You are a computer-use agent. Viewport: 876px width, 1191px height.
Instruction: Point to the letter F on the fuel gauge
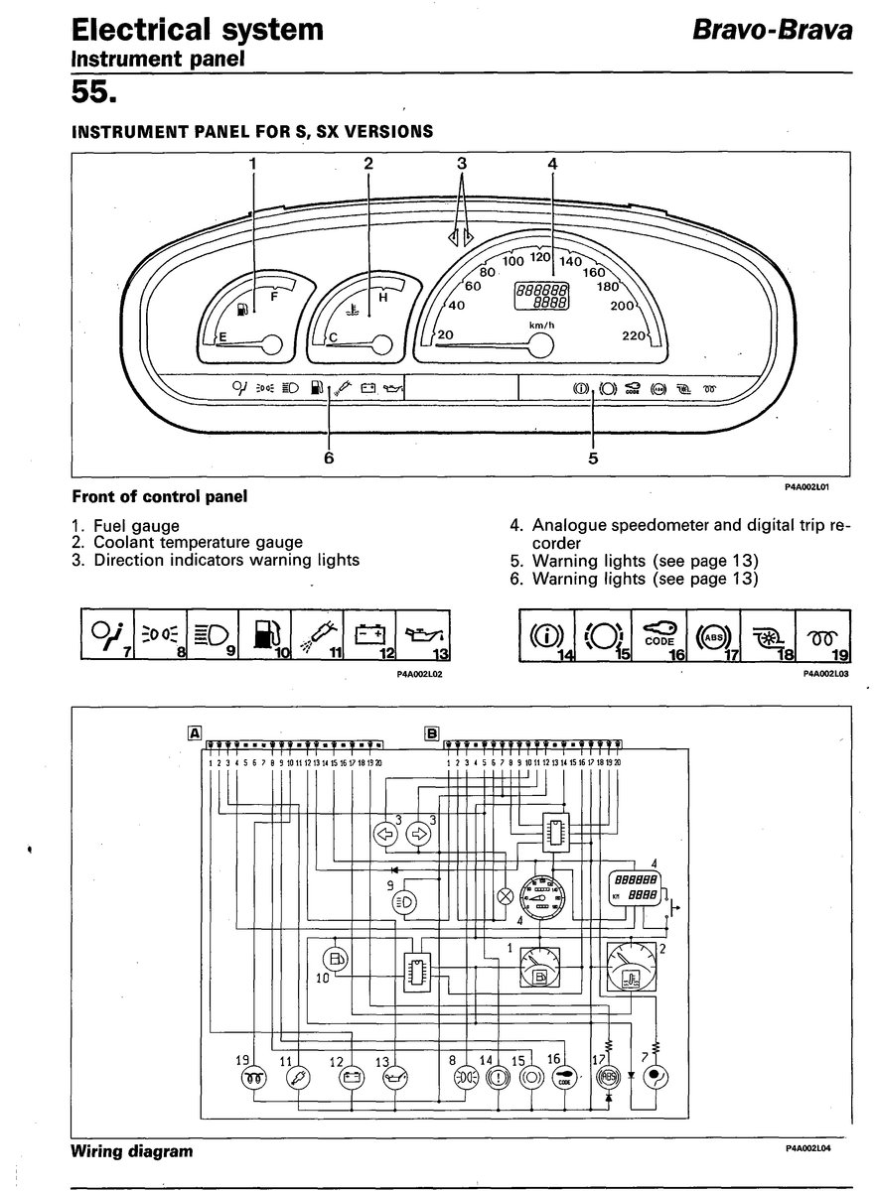[x=274, y=295]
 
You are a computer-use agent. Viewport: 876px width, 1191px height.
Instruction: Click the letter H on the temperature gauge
[x=383, y=296]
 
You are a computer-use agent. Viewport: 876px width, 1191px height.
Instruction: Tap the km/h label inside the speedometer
[x=541, y=324]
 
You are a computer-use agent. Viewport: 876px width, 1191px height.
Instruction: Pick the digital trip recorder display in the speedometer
[x=541, y=295]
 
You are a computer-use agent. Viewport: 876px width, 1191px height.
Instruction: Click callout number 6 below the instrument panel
[x=329, y=459]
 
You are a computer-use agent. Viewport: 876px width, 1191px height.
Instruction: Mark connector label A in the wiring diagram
[x=196, y=733]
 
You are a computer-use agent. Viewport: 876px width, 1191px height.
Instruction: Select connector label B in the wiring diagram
[x=431, y=733]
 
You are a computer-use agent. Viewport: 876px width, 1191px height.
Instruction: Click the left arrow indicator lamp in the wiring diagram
[x=383, y=832]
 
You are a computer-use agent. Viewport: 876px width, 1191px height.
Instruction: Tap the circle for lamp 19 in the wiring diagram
[x=254, y=1076]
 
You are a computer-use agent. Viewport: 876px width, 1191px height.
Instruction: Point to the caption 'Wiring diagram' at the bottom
[x=132, y=1152]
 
